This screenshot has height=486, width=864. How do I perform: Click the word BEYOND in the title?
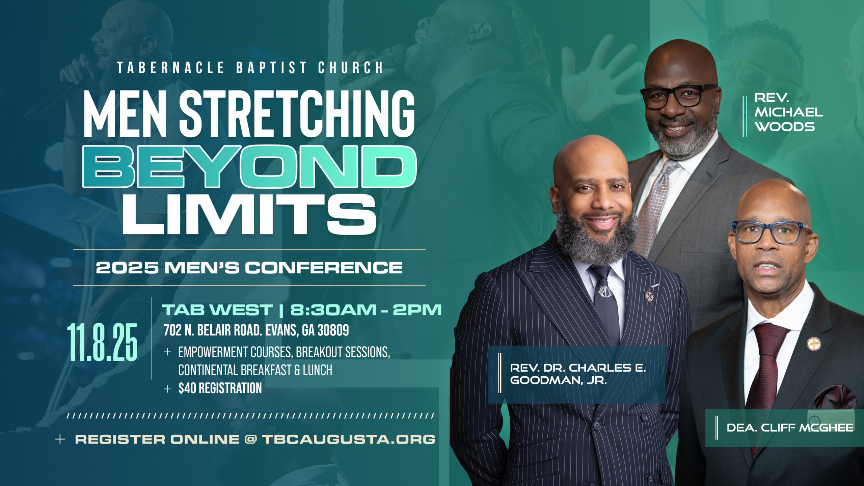[250, 166]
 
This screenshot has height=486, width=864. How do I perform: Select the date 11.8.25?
[102, 342]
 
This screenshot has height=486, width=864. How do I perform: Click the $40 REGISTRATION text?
[220, 388]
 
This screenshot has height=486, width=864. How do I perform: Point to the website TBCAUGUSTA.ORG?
[349, 439]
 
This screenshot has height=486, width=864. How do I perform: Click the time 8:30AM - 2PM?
[366, 310]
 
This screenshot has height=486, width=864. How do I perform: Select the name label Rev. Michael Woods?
[788, 112]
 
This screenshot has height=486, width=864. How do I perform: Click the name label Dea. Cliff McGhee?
[790, 428]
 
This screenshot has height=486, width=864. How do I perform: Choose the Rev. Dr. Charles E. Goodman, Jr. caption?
[578, 374]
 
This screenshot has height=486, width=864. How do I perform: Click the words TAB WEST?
[217, 310]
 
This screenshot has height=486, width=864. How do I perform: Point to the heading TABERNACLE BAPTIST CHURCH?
[250, 67]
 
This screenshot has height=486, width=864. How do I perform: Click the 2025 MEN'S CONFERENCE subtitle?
[249, 268]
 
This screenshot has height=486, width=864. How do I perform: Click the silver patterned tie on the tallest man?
[653, 206]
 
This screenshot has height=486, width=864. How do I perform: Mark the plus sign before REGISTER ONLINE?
[60, 439]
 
